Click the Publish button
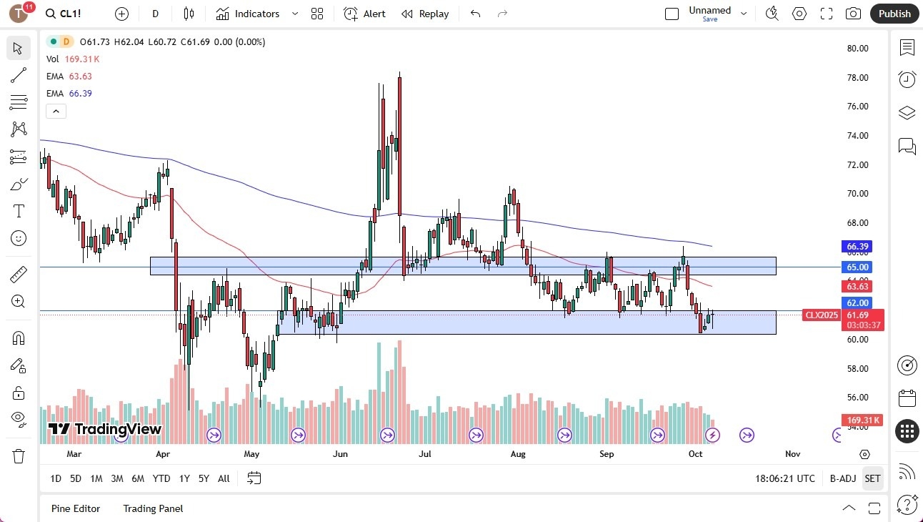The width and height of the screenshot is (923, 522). coord(894,14)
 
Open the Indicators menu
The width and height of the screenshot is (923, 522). coord(248,14)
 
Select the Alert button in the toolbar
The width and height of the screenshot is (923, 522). coord(364,14)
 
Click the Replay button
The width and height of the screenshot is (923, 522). coord(425,14)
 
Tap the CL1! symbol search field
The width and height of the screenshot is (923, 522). coord(71,14)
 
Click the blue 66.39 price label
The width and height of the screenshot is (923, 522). coord(857,247)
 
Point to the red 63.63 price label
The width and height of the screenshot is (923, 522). coord(857,286)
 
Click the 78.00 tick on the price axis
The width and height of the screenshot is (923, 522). coord(857,77)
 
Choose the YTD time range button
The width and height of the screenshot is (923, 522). coord(161,478)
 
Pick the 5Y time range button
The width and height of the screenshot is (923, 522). coord(204,478)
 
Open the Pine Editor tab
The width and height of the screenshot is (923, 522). coord(76,508)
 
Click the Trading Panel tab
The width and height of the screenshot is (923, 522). coord(153,508)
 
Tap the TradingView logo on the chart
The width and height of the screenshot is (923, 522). coord(105,429)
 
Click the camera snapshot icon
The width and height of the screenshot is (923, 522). coord(853,14)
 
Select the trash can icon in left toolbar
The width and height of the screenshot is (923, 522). coord(19,455)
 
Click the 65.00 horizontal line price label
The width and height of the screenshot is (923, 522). coord(857,267)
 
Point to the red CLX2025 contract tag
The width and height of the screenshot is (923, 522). coord(822,315)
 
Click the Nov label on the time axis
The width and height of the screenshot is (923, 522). coord(792,453)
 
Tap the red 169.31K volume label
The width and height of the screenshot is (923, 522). coord(863,420)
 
